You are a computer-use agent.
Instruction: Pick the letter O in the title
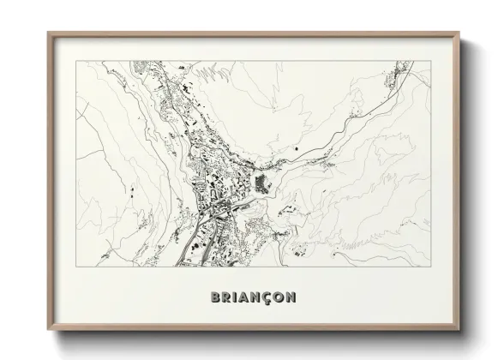point(282,297)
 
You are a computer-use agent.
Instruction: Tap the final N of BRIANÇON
point(294,297)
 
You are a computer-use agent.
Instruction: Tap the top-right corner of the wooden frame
point(459,33)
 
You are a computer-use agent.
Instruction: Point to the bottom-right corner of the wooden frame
point(459,331)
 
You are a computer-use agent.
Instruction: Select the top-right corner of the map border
point(430,61)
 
